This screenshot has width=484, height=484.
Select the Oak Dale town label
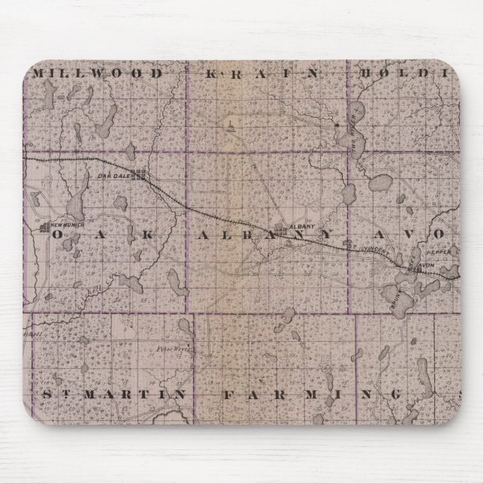point(110,176)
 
